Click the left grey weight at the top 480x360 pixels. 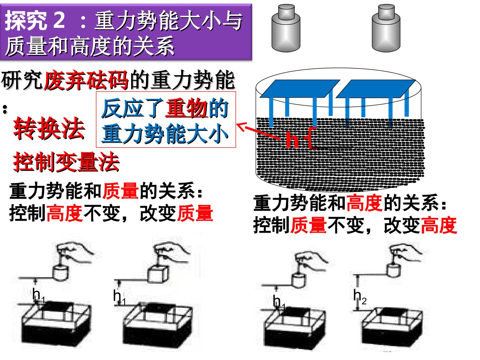coord(286,28)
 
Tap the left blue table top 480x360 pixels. coord(300,89)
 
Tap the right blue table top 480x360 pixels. coord(376,89)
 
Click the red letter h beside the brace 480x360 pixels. coord(292,140)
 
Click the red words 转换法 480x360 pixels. coord(49,128)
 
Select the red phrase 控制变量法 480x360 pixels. coord(66,162)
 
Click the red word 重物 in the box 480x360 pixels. coord(187,108)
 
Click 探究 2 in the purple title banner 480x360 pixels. coord(35,20)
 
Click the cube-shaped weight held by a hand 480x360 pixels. coord(158,274)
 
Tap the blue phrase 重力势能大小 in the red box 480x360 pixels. coord(165,134)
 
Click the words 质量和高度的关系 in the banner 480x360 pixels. coord(90,46)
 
